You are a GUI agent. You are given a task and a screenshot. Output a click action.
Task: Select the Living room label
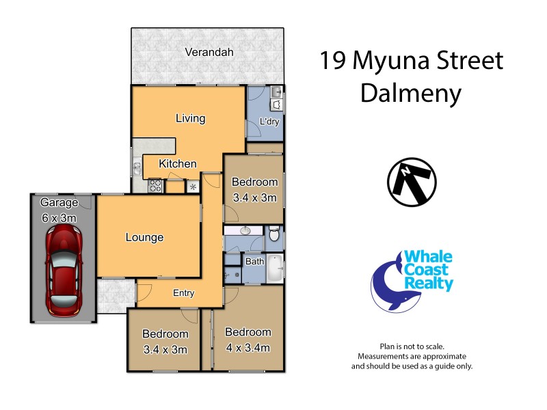pyautogui.click(x=190, y=118)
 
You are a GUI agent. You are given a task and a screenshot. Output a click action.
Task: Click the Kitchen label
pyautogui.click(x=178, y=164)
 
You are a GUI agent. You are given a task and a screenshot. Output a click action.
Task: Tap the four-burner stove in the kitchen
pyautogui.click(x=155, y=184)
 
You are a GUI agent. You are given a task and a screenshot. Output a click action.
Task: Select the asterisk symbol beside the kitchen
pyautogui.click(x=193, y=187)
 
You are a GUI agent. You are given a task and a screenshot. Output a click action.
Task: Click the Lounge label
pyautogui.click(x=144, y=238)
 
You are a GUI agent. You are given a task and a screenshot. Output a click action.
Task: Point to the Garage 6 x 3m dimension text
pyautogui.click(x=58, y=218)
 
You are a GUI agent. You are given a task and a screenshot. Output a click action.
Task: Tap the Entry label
pyautogui.click(x=183, y=293)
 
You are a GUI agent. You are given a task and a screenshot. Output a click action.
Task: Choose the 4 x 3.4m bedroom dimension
pyautogui.click(x=248, y=348)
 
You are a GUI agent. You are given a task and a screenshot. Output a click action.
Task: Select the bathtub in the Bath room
pyautogui.click(x=273, y=268)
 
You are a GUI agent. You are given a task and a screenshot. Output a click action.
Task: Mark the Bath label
pyautogui.click(x=254, y=261)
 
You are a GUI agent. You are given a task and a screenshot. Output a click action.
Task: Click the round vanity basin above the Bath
pyautogui.click(x=244, y=231)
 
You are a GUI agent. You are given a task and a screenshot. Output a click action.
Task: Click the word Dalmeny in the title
pyautogui.click(x=410, y=93)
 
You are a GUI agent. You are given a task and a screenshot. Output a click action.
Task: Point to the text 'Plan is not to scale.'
pyautogui.click(x=412, y=347)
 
